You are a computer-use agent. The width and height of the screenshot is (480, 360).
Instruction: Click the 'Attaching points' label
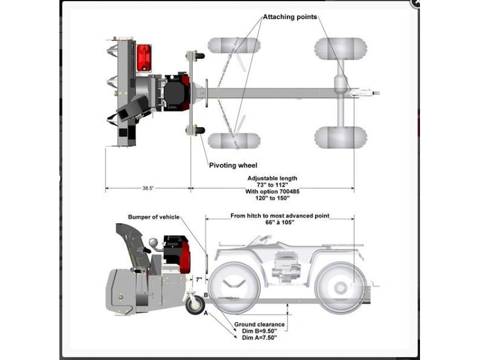point(290,17)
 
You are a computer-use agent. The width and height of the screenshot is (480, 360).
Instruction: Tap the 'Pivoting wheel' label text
point(233,165)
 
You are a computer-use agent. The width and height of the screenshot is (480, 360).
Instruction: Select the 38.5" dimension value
point(148,188)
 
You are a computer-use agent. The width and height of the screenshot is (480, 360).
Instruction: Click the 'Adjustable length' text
point(272,178)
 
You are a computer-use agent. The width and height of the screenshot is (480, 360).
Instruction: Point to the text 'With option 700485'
point(272,191)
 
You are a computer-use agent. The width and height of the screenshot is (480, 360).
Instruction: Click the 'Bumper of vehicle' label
point(153,217)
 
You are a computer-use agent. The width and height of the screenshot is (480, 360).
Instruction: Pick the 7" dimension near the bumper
point(199,280)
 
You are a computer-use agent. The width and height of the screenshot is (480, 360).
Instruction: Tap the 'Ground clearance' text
point(259,325)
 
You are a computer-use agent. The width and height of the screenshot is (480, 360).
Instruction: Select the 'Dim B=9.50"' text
point(259,331)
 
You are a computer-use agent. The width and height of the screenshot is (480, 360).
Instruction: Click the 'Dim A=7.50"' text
point(259,337)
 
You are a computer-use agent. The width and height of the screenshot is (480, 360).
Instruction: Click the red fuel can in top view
point(143,58)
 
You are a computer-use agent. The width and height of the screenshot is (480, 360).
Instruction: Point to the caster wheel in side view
point(195,304)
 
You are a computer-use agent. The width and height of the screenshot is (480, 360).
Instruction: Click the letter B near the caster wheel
point(206,295)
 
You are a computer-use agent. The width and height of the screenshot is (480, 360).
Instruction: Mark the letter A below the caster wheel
point(206,313)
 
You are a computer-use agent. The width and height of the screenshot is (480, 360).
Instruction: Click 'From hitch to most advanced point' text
point(280,216)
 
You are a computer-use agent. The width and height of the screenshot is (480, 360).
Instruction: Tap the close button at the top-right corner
point(415,3)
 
